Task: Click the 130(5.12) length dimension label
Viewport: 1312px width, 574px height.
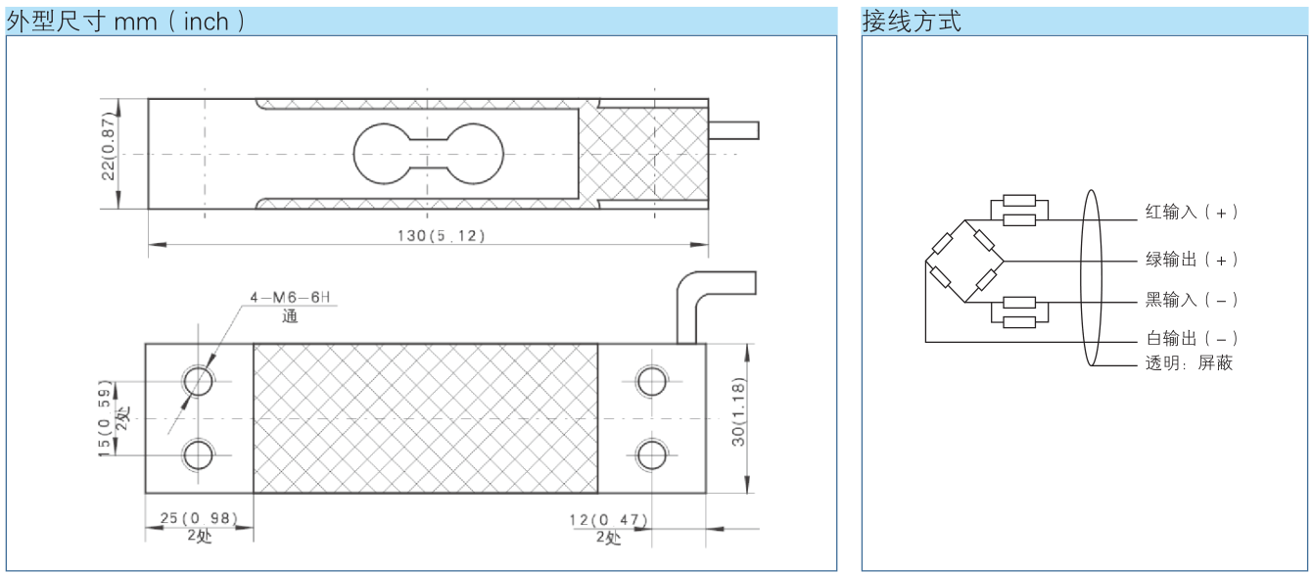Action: (441, 235)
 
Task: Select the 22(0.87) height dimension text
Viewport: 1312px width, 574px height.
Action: (109, 146)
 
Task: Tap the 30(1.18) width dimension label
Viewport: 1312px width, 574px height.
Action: (738, 411)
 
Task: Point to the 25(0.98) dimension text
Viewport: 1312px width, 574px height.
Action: (199, 518)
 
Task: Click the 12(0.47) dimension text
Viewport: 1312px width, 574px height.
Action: (608, 519)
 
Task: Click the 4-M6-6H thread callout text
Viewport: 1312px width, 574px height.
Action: (290, 297)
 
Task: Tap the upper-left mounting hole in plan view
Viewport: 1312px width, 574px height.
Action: (198, 381)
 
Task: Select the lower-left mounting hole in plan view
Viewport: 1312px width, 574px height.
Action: (198, 455)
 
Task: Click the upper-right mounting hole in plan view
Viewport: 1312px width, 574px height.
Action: (651, 381)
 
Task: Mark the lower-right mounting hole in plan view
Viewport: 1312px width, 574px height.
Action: (651, 455)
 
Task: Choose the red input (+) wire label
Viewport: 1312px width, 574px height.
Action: (1192, 212)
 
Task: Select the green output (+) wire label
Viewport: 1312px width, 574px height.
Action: (1192, 259)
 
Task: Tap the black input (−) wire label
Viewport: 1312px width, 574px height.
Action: (1192, 300)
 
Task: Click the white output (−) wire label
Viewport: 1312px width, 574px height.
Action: (1192, 338)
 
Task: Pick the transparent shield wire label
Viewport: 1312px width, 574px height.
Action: (1189, 363)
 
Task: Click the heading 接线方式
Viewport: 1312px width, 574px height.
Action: (912, 22)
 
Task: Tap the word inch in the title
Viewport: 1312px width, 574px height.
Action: (207, 23)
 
